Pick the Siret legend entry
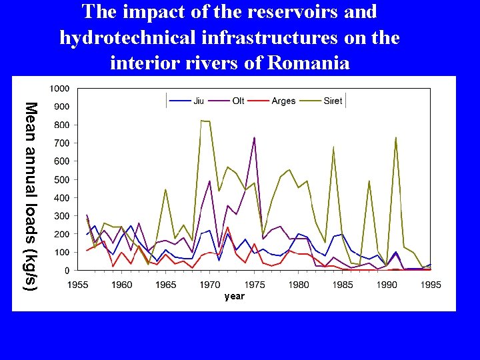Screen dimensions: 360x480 coord(321,101)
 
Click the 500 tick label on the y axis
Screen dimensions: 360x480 coord(62,179)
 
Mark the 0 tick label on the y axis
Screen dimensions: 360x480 coord(68,271)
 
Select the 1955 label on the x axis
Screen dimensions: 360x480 coord(78,285)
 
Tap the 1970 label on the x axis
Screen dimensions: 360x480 coord(210,285)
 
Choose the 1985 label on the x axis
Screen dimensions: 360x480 coord(343,285)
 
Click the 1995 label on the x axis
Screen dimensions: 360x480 coord(431,285)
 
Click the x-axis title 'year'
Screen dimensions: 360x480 coord(234,296)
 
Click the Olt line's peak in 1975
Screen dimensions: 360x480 coord(254,137)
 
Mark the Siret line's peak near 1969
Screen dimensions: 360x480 coord(201,121)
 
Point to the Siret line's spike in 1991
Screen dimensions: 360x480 coord(395,137)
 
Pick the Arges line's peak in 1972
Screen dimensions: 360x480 coord(227,227)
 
